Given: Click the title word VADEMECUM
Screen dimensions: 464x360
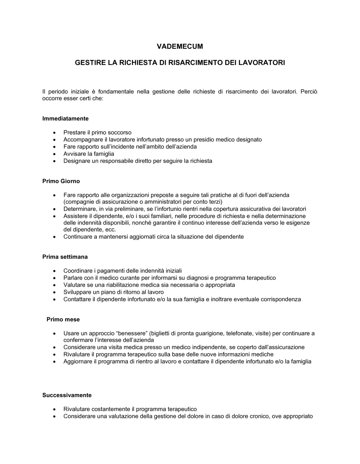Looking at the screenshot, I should (x=180, y=46).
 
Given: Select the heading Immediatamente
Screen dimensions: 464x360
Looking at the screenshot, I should (x=66, y=118).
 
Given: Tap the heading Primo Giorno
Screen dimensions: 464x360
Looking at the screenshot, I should (x=61, y=181).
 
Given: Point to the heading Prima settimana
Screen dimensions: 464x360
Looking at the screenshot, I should (x=65, y=257).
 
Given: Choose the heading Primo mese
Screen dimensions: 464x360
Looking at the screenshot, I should (x=63, y=319).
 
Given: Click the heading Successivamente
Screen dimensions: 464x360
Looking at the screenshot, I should (x=67, y=395).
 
